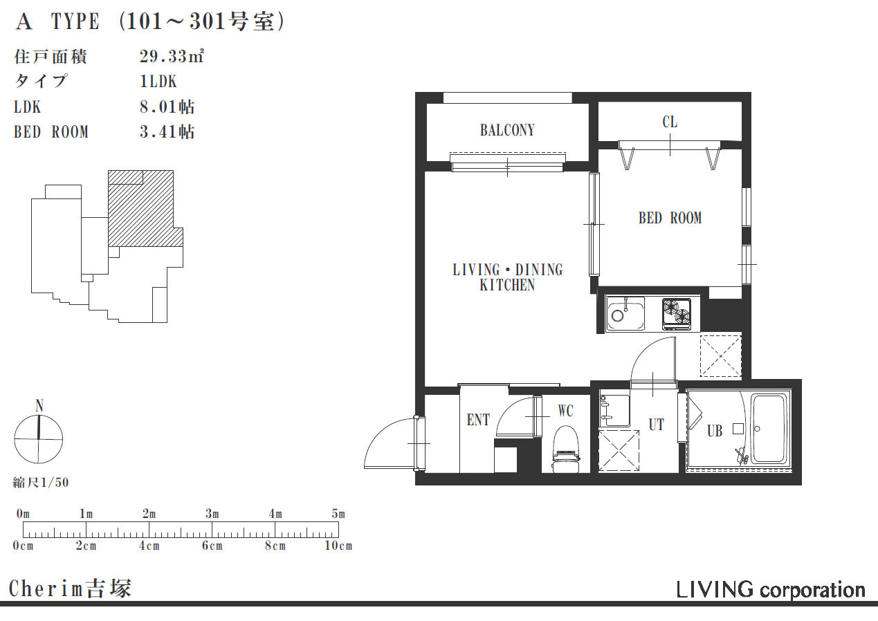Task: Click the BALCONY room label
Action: (x=507, y=130)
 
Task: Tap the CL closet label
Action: (x=670, y=122)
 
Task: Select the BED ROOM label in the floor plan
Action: (x=670, y=218)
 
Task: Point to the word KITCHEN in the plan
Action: (x=507, y=285)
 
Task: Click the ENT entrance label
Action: (x=478, y=420)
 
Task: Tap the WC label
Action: (x=565, y=411)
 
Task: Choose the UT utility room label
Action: (x=656, y=425)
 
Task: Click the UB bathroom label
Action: (x=715, y=431)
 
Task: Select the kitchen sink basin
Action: (x=625, y=313)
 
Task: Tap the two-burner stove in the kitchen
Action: (x=677, y=313)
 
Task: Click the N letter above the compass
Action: (x=39, y=406)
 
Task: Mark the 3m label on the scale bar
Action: (x=212, y=514)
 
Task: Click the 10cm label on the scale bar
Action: (x=338, y=546)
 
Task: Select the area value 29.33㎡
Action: (x=172, y=57)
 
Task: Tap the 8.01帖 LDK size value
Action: (x=167, y=107)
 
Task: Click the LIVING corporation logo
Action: (x=771, y=590)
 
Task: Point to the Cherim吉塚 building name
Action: (x=70, y=588)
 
